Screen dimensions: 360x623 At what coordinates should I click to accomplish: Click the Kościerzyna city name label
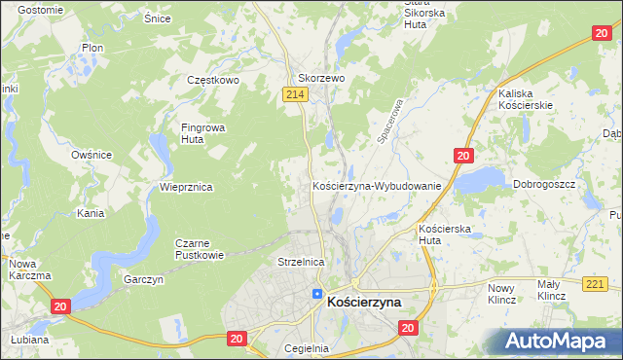tap(364, 303)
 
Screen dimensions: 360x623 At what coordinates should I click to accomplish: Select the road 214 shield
tap(297, 93)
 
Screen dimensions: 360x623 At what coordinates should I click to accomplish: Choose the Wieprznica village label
tap(186, 186)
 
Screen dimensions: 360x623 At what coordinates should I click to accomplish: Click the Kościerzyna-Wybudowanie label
tap(377, 185)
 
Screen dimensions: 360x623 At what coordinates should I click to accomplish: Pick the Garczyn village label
tap(144, 279)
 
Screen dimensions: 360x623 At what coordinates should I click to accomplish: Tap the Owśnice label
tap(92, 155)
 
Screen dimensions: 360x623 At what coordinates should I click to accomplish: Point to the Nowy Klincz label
tap(500, 293)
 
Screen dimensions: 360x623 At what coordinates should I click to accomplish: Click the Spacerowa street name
tap(390, 122)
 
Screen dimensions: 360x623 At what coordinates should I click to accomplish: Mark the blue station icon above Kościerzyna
tap(317, 293)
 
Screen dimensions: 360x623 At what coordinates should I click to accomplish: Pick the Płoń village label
tap(92, 47)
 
